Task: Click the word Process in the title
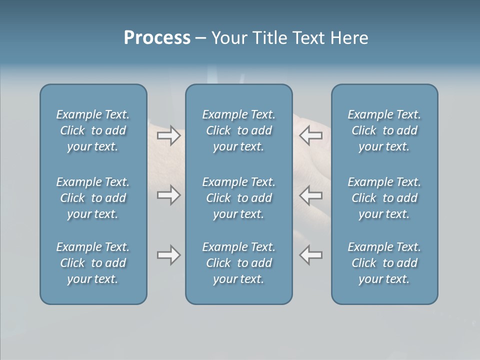point(157,38)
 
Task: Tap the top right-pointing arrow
point(168,135)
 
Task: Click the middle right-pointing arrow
point(168,195)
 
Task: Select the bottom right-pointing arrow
point(168,255)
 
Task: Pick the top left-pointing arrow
point(311,135)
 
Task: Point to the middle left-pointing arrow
point(311,195)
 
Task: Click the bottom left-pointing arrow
point(311,255)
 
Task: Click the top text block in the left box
point(93,130)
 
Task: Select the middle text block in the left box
point(93,198)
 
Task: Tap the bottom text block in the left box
point(93,263)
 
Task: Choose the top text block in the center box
point(238,130)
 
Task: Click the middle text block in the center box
point(238,198)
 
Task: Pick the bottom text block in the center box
point(238,263)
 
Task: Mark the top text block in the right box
point(384,130)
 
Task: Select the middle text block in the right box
point(384,198)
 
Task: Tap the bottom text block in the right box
point(384,263)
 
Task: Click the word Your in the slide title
point(228,38)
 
